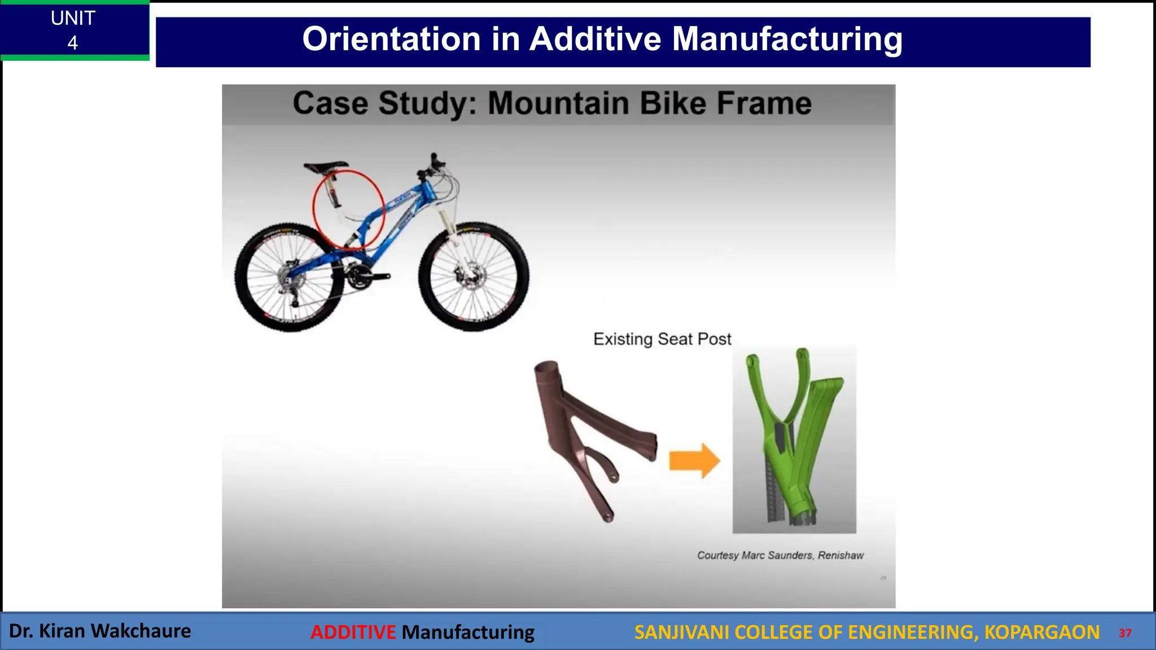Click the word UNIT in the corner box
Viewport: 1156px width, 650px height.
click(73, 18)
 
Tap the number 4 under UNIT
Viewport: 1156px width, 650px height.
click(72, 43)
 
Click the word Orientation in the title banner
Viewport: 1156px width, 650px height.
click(391, 39)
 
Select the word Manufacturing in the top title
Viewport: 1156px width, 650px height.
click(787, 39)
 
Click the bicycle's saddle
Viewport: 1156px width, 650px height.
click(325, 166)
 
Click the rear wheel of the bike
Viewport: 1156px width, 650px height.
click(289, 277)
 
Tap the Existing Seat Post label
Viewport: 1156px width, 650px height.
click(662, 339)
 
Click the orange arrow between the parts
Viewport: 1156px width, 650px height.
click(694, 460)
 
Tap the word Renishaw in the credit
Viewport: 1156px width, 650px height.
click(840, 555)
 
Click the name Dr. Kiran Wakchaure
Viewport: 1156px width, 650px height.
click(100, 631)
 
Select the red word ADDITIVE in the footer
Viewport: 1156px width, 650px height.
click(353, 632)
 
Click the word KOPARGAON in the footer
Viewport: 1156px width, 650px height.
click(1041, 632)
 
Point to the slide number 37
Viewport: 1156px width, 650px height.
click(1125, 633)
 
